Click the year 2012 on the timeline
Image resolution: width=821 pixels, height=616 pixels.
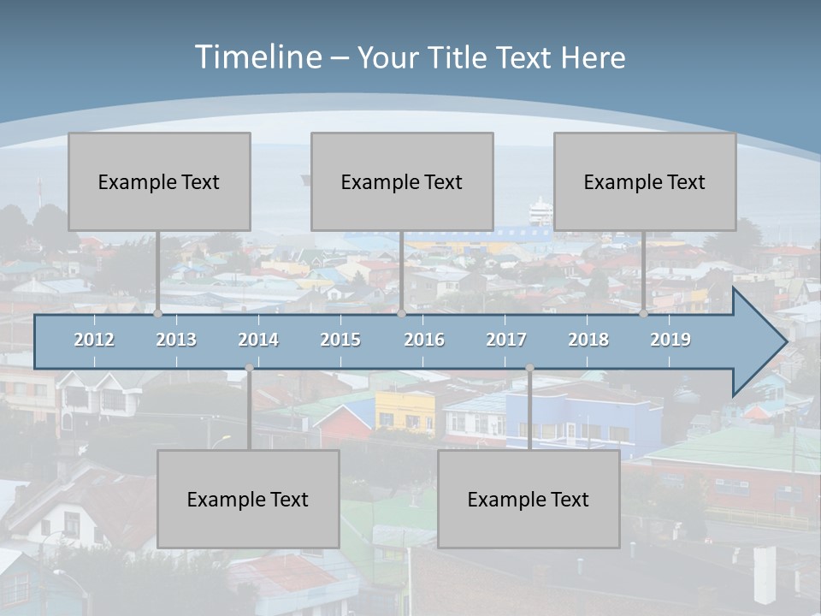click(94, 340)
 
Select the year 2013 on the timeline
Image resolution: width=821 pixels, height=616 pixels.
click(176, 340)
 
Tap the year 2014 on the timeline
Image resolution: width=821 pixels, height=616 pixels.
click(258, 340)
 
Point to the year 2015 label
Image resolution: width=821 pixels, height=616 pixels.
click(340, 340)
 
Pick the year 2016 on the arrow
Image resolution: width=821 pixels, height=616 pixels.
click(424, 340)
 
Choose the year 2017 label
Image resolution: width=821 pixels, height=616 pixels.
click(506, 340)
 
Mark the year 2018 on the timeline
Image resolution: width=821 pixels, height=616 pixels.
click(588, 340)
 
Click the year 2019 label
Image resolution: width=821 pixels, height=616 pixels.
click(670, 340)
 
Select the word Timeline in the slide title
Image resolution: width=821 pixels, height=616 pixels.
click(257, 57)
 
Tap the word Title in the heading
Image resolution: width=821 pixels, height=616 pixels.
click(458, 57)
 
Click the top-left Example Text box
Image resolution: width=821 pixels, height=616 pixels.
click(159, 181)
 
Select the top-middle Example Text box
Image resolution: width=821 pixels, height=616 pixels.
click(402, 181)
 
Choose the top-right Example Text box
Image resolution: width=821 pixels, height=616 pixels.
click(645, 181)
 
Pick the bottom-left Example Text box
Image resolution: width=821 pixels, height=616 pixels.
click(248, 499)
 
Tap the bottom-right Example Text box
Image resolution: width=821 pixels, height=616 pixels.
click(529, 499)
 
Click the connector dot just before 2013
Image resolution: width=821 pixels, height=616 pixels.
click(158, 314)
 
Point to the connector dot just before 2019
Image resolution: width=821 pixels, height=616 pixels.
click(644, 314)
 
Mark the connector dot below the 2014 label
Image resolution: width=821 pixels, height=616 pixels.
click(249, 368)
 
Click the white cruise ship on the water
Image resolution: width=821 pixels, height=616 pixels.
click(540, 210)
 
